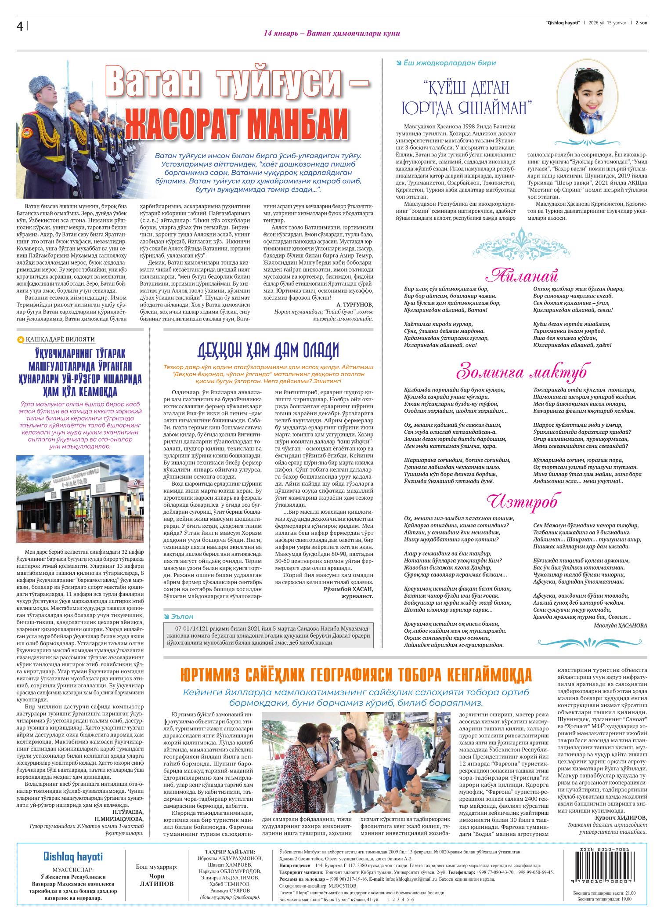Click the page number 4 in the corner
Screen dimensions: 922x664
[x=20, y=27]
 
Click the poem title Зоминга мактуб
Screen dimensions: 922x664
[x=522, y=372]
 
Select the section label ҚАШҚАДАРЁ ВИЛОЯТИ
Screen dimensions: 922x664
[x=60, y=339]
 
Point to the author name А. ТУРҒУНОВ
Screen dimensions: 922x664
[x=354, y=304]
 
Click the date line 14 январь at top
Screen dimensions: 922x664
[x=332, y=33]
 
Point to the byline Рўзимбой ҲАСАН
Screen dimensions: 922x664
[x=348, y=588]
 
